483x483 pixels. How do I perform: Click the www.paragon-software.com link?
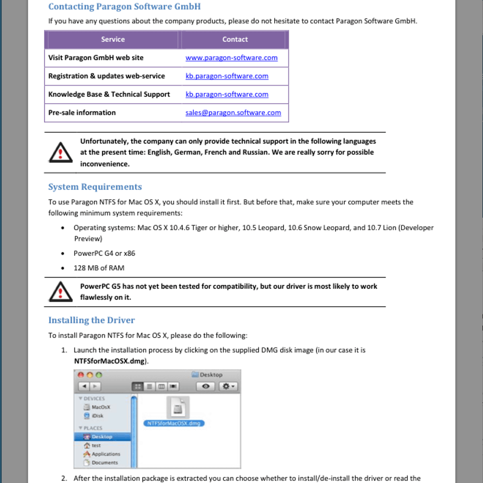(x=231, y=58)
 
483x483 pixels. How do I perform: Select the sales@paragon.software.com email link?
(x=233, y=113)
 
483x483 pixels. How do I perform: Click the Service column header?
(x=113, y=39)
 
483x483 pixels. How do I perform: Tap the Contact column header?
(x=235, y=39)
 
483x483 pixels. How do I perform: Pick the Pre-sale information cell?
(x=82, y=113)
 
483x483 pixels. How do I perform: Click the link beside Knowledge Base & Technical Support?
(x=227, y=95)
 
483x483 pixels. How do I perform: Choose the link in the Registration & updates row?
(x=227, y=76)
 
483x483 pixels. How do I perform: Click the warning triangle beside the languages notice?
(x=60, y=153)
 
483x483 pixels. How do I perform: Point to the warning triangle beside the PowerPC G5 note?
(x=60, y=292)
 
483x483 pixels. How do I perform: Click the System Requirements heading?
(x=95, y=187)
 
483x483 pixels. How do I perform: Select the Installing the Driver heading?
(x=91, y=320)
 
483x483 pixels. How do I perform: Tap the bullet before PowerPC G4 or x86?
(x=63, y=254)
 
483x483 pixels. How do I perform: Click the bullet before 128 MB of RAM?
(x=63, y=268)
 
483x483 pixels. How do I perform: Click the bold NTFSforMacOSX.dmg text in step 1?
(x=109, y=361)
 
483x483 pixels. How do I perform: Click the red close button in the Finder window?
(x=81, y=375)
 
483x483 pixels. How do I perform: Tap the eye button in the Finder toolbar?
(x=206, y=386)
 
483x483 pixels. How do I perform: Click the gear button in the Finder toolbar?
(x=228, y=386)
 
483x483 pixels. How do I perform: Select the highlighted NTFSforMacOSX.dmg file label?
(x=174, y=423)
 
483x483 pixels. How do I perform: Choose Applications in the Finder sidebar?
(x=105, y=454)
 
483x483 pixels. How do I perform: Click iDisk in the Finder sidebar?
(x=97, y=416)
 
